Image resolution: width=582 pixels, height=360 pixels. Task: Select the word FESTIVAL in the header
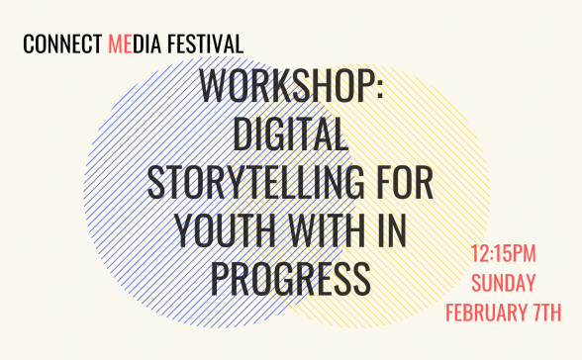(206, 45)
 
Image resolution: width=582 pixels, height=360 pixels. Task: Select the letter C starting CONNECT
(28, 45)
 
